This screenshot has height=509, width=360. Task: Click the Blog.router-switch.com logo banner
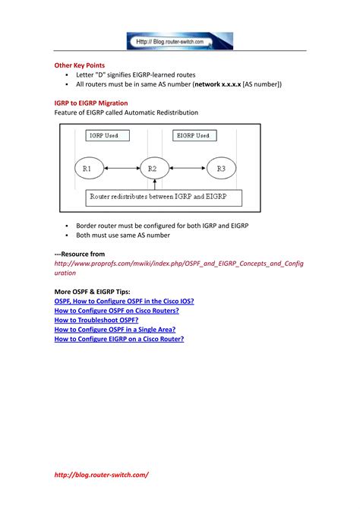point(180,40)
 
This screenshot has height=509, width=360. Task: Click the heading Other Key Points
point(80,65)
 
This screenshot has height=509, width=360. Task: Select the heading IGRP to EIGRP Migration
point(90,103)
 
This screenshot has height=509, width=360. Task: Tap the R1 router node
point(87,167)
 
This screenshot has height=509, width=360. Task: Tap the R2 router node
point(153,167)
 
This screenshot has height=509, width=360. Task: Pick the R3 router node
point(221,167)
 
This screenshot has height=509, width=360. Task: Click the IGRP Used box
point(107,135)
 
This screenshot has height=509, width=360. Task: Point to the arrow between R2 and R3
point(187,167)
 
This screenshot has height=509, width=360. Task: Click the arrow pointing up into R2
point(153,185)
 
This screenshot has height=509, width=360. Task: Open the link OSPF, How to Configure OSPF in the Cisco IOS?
point(124,301)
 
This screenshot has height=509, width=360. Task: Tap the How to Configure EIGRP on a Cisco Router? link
point(119,339)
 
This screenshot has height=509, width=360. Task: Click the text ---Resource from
point(80,254)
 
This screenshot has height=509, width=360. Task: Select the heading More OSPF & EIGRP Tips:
point(92,292)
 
